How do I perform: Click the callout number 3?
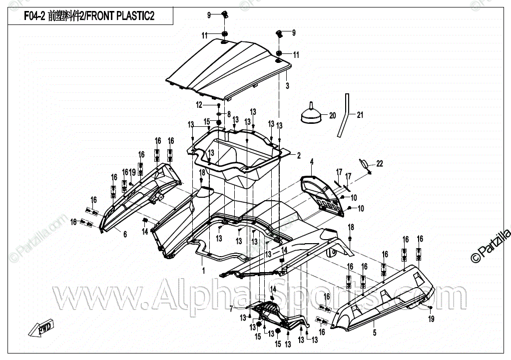287,86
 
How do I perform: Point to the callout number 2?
299,155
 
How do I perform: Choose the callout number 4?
311,162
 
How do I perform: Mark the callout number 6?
125,234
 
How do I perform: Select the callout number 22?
380,164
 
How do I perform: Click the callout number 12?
199,105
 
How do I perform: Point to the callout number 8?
229,114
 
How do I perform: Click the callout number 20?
332,115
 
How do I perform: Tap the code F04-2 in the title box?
34,16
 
